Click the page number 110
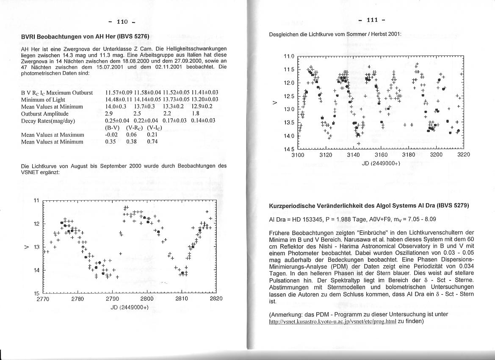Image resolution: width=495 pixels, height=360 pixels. click(x=122, y=22)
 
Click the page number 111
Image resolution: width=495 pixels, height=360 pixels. click(x=371, y=20)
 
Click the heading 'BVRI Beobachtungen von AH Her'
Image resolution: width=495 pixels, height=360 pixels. click(x=85, y=36)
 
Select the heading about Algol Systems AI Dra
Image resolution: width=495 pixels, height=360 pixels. click(x=369, y=206)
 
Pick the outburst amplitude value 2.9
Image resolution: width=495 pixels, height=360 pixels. click(x=109, y=114)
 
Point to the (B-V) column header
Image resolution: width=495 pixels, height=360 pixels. click(x=112, y=127)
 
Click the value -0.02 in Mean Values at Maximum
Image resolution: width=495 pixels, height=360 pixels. click(x=111, y=135)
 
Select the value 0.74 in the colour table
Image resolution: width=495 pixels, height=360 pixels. click(x=152, y=142)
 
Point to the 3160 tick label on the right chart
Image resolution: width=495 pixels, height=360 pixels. click(x=381, y=155)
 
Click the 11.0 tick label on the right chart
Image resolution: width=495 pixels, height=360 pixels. click(x=289, y=56)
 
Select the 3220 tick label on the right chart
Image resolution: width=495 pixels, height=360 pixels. click(x=463, y=155)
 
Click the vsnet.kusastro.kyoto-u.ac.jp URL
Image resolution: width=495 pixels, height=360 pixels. click(x=332, y=321)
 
